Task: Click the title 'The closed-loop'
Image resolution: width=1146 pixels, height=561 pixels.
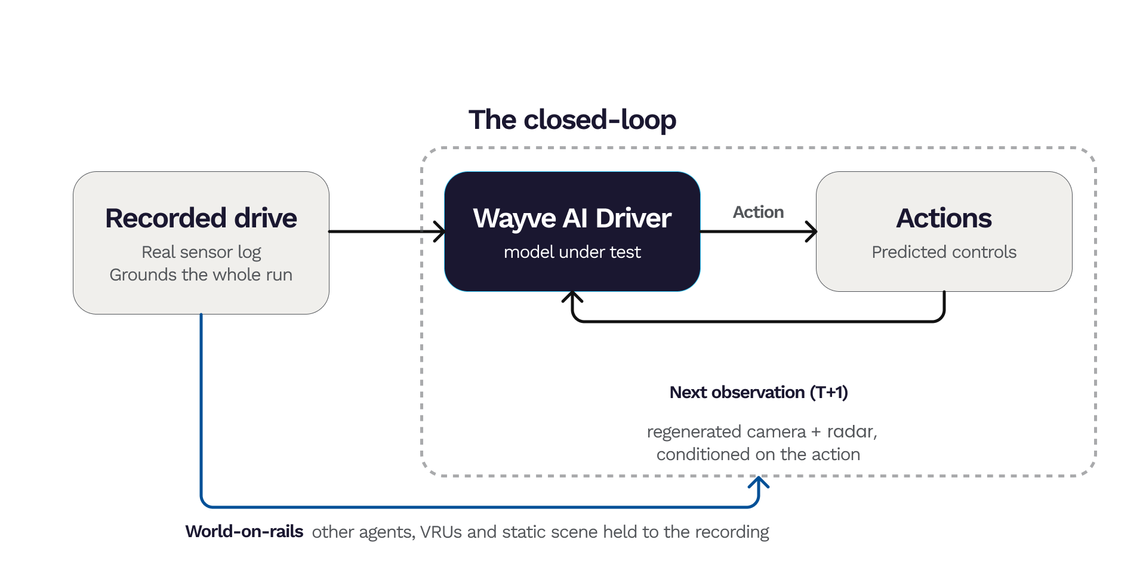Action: coord(572,120)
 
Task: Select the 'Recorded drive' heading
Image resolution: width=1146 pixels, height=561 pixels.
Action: coord(201,218)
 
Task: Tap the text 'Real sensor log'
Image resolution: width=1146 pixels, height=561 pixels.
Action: coord(201,252)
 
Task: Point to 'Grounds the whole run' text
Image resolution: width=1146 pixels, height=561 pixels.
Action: coord(201,275)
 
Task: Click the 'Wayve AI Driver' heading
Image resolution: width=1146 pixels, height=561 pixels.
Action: coord(572,218)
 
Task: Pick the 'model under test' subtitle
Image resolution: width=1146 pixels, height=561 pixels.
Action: coord(572,252)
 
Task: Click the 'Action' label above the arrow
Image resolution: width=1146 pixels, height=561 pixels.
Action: coord(758,212)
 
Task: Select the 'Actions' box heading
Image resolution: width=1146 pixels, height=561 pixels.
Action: coord(944,218)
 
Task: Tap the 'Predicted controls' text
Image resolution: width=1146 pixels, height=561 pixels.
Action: coord(944,252)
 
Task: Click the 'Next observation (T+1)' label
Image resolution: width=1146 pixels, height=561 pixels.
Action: coord(759,392)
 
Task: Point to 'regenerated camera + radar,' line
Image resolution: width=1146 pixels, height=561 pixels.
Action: coord(762,431)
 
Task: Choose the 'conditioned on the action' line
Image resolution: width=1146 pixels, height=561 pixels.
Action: coord(758,454)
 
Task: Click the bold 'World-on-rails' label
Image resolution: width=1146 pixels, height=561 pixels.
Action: coord(244,531)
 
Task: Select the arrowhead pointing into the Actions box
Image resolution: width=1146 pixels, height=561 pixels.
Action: coord(812,232)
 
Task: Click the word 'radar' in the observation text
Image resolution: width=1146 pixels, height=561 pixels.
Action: coord(850,431)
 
